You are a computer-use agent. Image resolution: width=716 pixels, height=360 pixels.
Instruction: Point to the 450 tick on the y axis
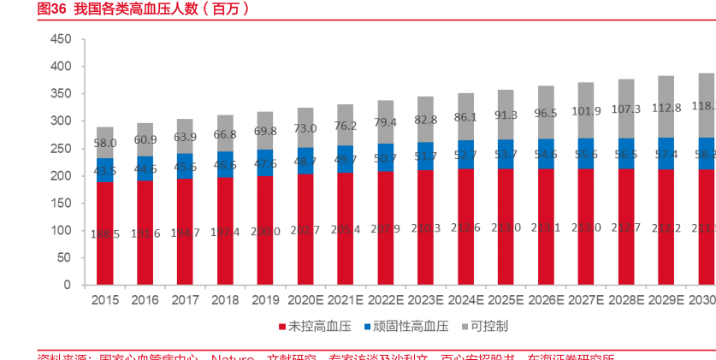(60, 39)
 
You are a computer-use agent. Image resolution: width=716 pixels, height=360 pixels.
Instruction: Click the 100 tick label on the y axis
(60, 231)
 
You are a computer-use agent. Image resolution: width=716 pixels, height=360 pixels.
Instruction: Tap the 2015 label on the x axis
(104, 300)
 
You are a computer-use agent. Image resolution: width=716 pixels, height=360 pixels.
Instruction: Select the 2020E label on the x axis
(305, 300)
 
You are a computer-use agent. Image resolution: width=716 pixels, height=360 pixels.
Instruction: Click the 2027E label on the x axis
(586, 300)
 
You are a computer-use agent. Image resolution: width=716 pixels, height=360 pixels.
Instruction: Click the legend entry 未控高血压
(309, 327)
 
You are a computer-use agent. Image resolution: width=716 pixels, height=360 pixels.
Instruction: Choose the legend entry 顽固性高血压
(406, 327)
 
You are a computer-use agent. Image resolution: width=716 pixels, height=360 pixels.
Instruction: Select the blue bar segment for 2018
(225, 164)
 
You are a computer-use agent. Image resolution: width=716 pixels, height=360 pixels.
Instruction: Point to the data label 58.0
(104, 143)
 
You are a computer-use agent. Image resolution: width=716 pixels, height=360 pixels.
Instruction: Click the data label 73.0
(305, 128)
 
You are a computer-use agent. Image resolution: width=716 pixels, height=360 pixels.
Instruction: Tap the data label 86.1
(465, 116)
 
